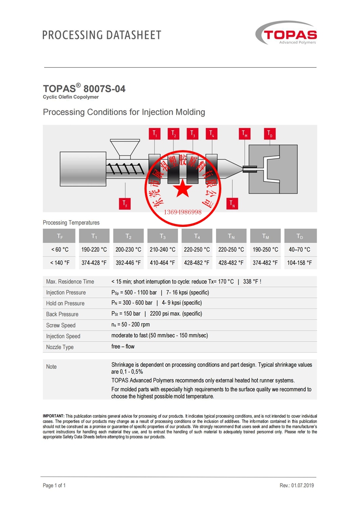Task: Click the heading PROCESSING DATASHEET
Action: coord(102,35)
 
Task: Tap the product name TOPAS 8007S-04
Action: coord(84,89)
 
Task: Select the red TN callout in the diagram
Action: coord(232,203)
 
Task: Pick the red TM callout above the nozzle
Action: coord(245,134)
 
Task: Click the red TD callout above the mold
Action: coord(270,134)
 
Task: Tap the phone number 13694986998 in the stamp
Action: coord(183,212)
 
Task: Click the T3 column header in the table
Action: coord(162,236)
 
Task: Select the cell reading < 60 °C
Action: coord(60,249)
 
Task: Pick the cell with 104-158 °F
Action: coord(300,263)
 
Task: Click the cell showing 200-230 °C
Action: coord(128,249)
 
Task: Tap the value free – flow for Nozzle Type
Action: coord(123,346)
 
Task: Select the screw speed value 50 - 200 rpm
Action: coord(131,325)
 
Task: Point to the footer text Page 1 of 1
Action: coord(54,485)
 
